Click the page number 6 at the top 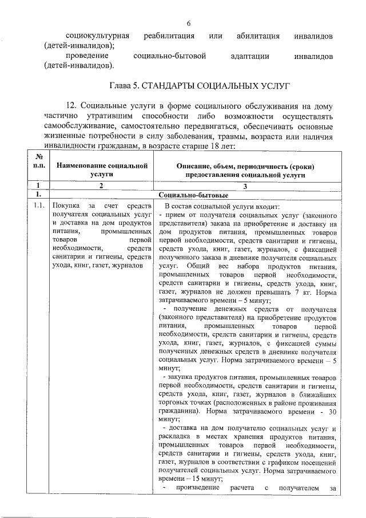188,23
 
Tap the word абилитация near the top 258,36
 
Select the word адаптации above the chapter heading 249,57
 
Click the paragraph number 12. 72,107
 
